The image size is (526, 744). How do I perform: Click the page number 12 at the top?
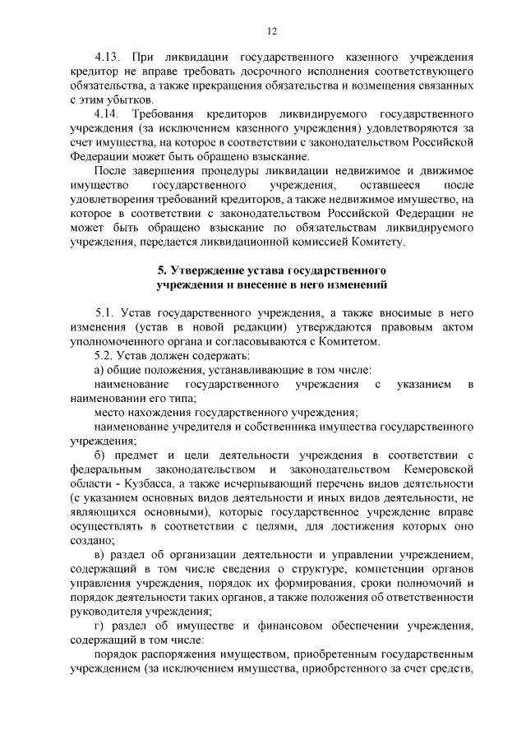coord(272,31)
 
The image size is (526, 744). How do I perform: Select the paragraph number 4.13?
coord(107,58)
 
